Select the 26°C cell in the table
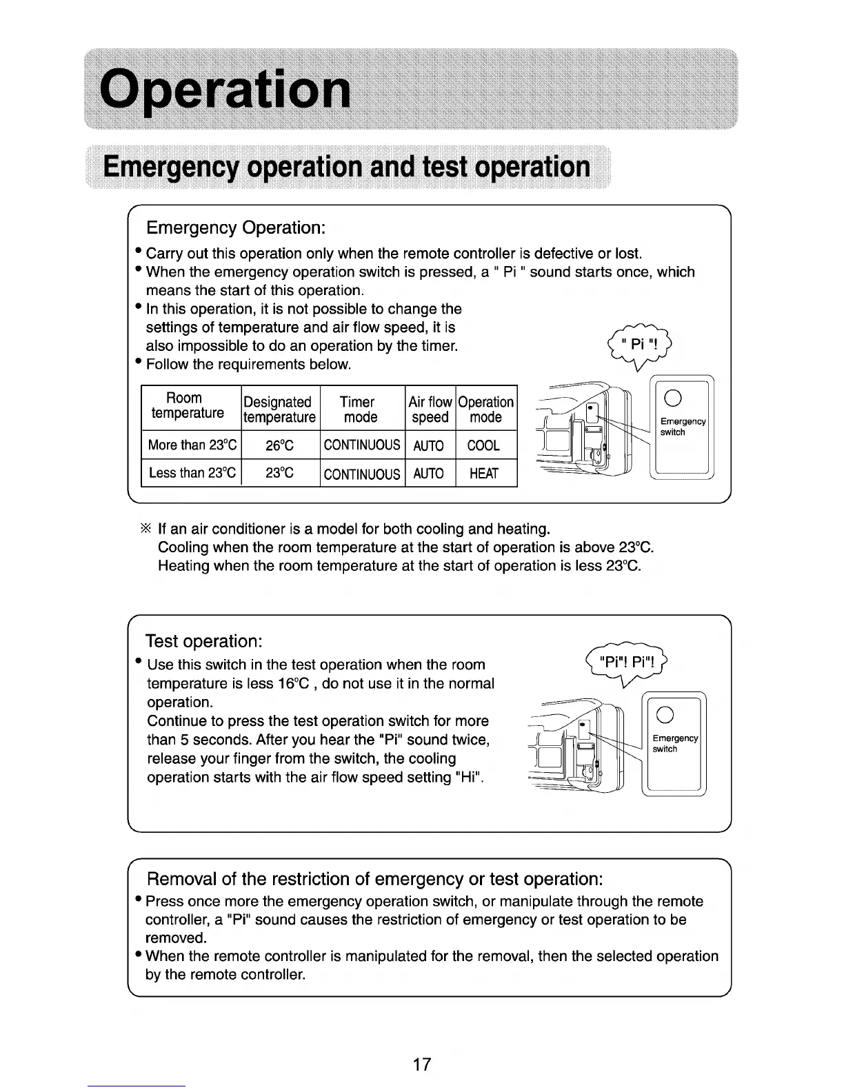click(280, 445)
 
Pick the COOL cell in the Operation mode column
click(483, 445)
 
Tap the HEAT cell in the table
click(483, 473)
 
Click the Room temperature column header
click(188, 406)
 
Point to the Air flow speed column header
click(430, 410)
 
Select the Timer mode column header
click(360, 410)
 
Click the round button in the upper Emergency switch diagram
click(675, 401)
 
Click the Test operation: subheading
click(204, 641)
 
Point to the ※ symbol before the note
click(145, 529)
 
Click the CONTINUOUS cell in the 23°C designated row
click(362, 474)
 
